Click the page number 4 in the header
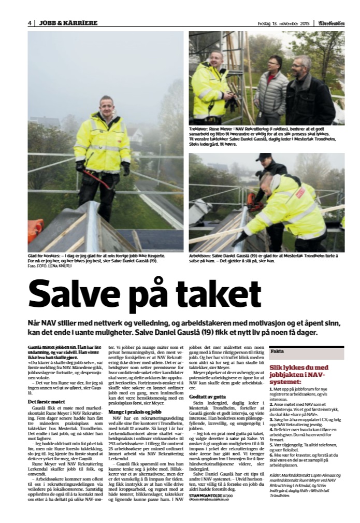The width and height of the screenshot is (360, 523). pyautogui.click(x=30, y=23)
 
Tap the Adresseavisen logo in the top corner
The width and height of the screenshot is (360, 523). pyautogui.click(x=331, y=23)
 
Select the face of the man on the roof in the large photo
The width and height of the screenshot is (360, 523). pyautogui.click(x=107, y=107)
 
